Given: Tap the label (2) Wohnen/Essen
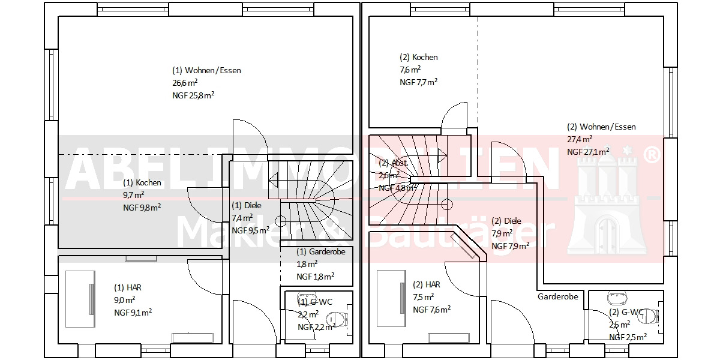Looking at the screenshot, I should tap(601, 127).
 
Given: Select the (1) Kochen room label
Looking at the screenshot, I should tap(142, 182).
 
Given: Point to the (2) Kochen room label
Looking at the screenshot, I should tap(419, 58).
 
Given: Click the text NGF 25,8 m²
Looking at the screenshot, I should tap(193, 95).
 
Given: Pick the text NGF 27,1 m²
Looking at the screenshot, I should tap(588, 152).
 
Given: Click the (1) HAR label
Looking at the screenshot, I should tap(128, 288).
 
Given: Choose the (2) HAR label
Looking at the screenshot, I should tap(427, 284).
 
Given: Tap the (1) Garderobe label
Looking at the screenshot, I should tap(321, 251).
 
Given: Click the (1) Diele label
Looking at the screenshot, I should tap(247, 206).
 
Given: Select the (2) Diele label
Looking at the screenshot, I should tap(506, 221).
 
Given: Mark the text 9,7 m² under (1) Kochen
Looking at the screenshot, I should tap(133, 195).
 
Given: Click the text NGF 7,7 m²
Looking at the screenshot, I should tap(418, 82).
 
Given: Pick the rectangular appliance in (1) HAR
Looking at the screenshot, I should tap(80, 298).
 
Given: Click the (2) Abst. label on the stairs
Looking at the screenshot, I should tap(394, 163).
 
